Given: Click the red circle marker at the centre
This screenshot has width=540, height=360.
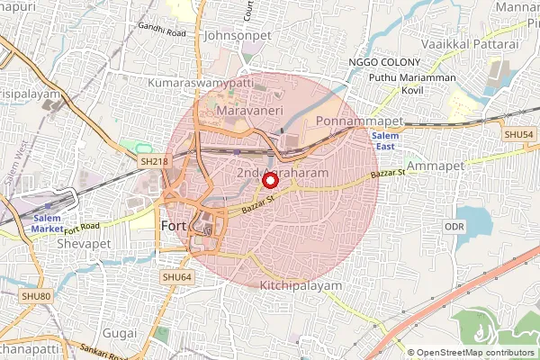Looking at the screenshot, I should tap(269, 180).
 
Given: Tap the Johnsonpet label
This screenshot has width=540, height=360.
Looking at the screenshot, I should tap(238, 36).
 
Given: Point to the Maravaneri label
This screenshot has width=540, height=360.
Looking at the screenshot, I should tap(251, 110).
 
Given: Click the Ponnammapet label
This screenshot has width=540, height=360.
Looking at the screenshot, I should tap(351, 121).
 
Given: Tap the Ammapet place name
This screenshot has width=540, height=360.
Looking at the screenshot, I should tap(435, 166).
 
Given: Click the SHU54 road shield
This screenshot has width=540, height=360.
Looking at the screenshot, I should tap(518, 134).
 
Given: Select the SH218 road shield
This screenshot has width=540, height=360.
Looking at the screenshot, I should tap(154, 160).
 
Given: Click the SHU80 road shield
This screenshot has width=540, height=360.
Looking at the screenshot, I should tap(35, 296).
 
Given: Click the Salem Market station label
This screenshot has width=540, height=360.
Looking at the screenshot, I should tap(48, 223).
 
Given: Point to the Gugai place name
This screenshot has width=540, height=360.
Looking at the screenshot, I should tap(121, 334).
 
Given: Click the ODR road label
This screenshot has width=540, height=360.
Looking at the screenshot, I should tap(454, 227).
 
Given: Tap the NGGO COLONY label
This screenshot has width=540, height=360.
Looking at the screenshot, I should tap(384, 61).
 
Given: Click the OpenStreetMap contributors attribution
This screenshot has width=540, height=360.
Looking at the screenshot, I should tap(476, 353).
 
